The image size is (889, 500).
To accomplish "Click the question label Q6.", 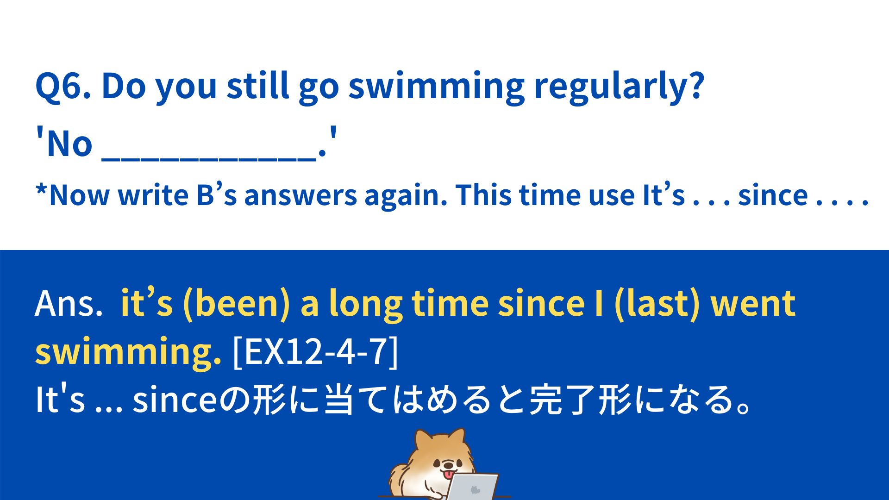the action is click(63, 87).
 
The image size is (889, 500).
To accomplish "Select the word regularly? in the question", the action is click(619, 87).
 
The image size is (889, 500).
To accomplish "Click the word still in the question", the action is click(258, 86).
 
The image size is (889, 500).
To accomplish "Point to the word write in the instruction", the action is click(153, 195).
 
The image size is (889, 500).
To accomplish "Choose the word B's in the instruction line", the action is click(217, 195).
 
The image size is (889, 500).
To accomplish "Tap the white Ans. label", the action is click(69, 304).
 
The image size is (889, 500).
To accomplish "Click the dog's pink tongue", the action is click(448, 474).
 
